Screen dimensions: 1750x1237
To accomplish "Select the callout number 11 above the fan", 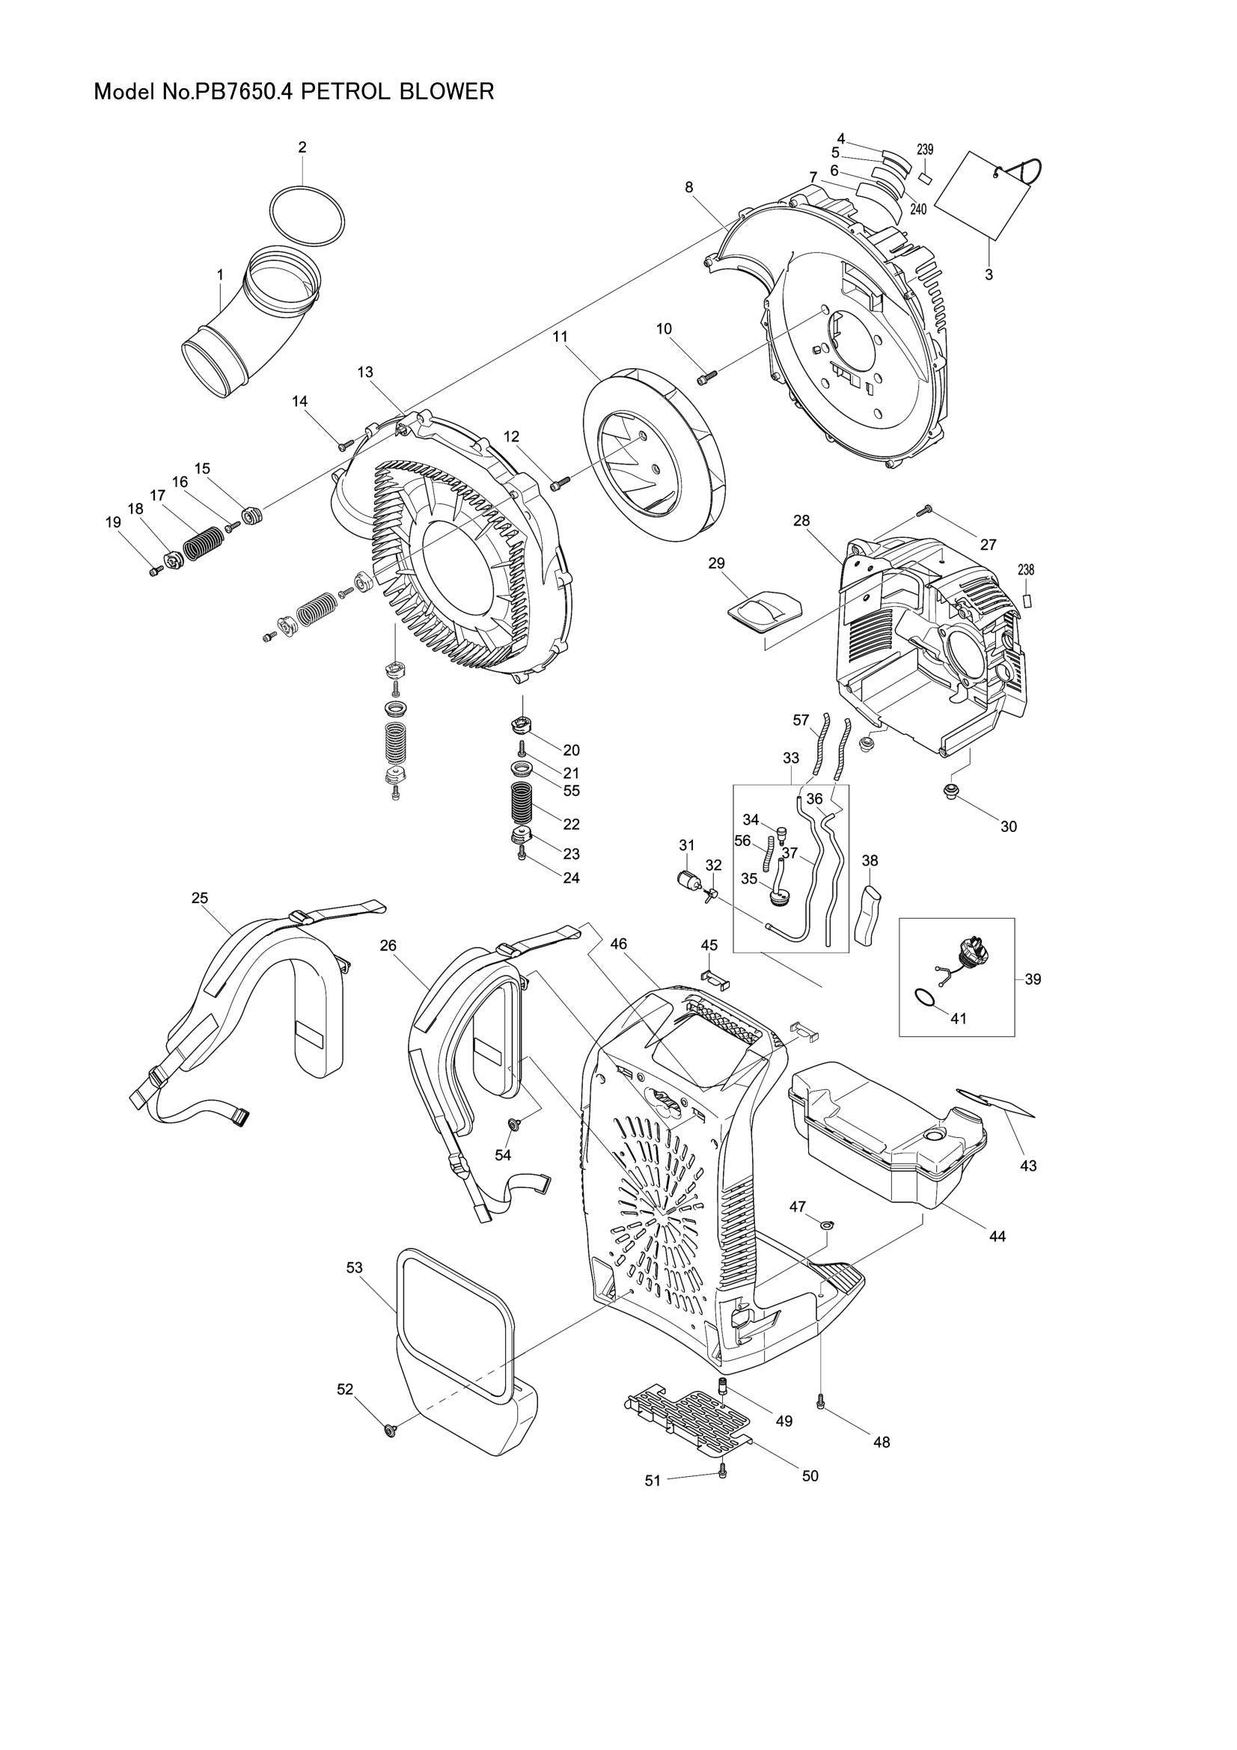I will (561, 336).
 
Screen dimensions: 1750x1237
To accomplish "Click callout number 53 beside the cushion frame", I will (355, 1267).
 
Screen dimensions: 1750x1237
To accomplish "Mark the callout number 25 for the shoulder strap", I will (200, 898).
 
